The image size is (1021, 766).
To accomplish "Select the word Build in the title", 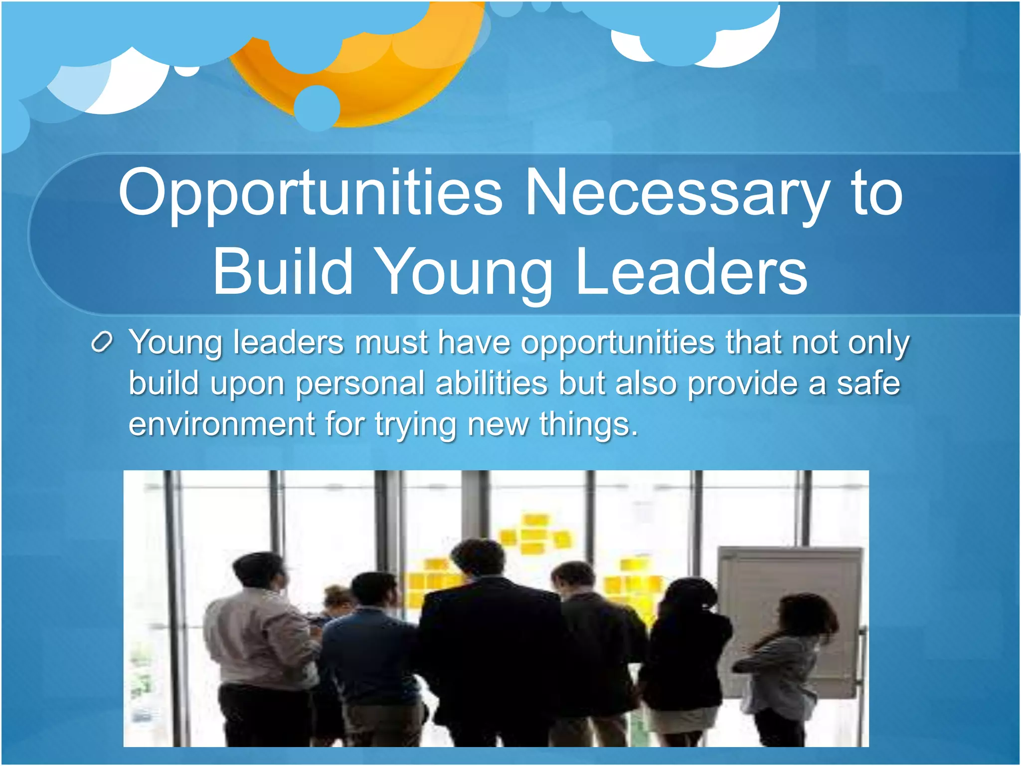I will point(283,272).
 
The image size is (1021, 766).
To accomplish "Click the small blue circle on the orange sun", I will point(317,107).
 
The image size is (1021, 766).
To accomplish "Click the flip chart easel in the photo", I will point(793,618).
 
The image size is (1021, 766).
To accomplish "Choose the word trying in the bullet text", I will point(415,425).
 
